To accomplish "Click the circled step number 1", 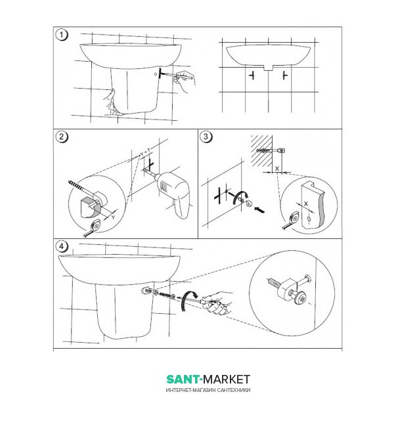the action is pos(62,35).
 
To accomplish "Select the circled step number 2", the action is pos(62,137).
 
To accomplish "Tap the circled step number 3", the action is pos(206,137).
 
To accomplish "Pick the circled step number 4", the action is pos(62,246).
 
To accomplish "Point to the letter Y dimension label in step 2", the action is pos(114,217).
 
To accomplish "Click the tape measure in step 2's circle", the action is pos(93,228).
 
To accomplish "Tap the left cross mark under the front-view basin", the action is pos(252,76).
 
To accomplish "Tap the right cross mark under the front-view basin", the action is pos(284,76).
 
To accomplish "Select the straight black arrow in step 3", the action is pos(259,209).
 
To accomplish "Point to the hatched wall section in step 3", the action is pos(261,151).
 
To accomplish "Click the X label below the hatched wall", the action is pos(277,169).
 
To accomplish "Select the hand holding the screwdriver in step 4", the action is pos(218,303).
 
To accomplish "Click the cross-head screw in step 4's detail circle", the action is pos(301,298).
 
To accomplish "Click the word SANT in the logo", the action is pos(183,380).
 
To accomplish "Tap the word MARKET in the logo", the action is pos(227,380).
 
